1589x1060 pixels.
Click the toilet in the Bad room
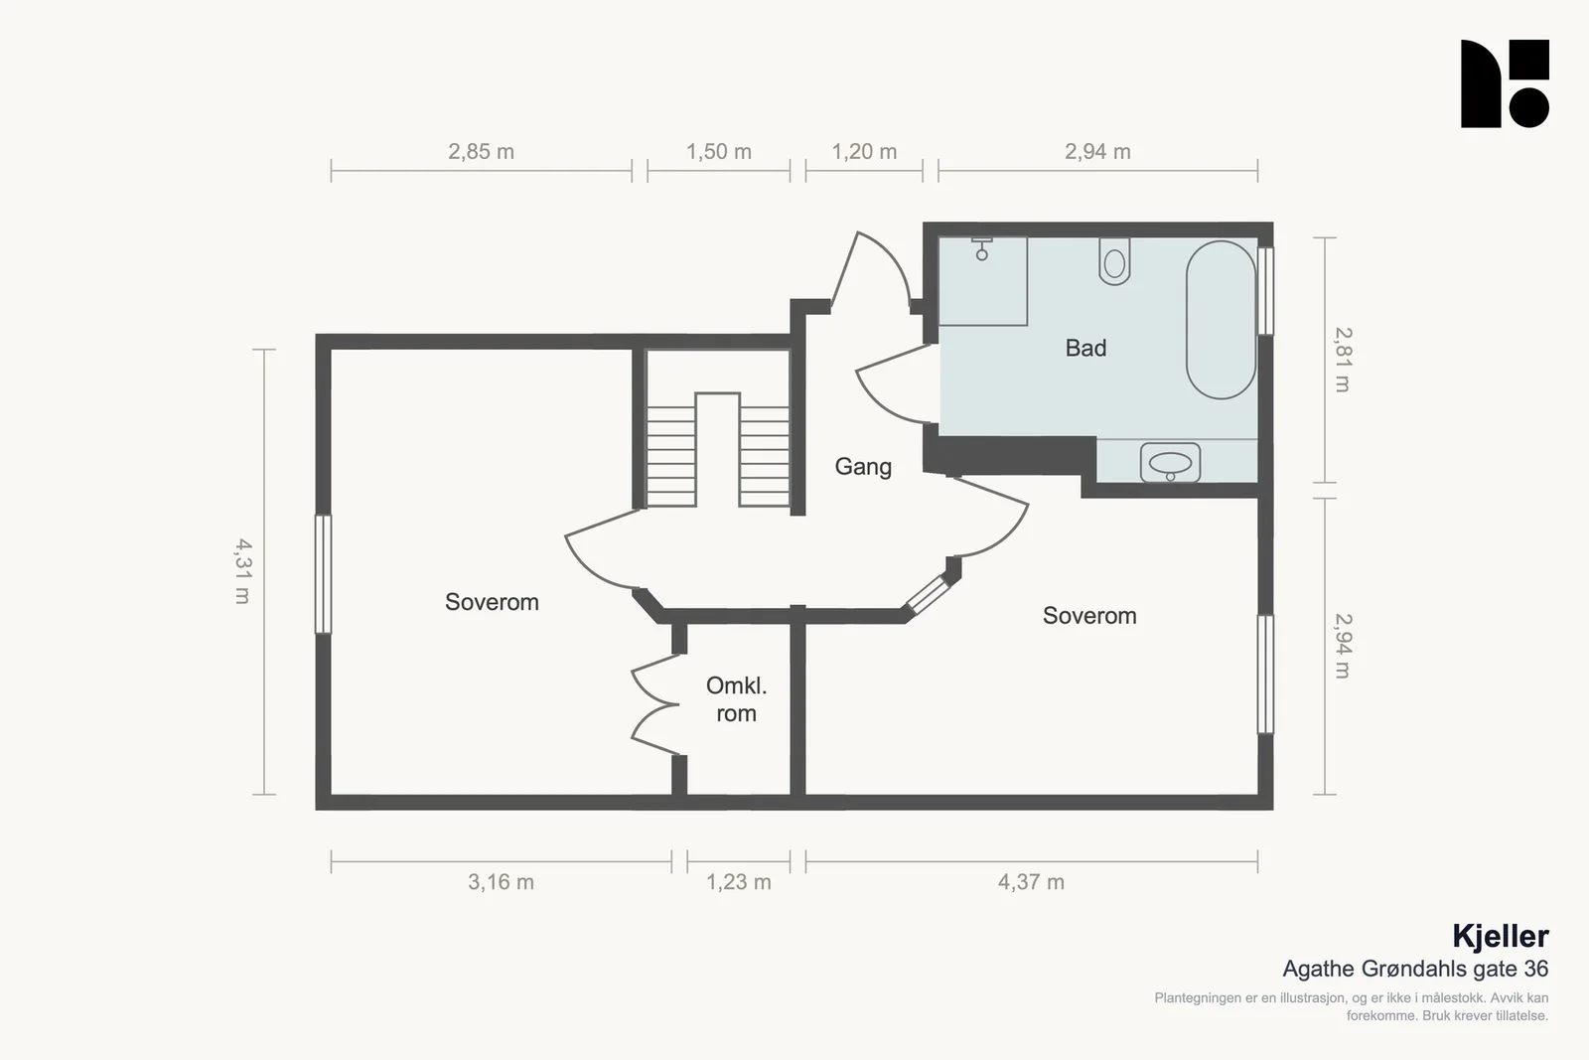pos(1114,261)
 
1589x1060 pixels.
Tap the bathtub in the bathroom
pos(1221,319)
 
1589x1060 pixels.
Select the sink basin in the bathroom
pos(1170,463)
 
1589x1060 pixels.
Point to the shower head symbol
pos(982,249)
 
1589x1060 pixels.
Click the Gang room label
pos(863,467)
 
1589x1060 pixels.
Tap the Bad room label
pos(1085,348)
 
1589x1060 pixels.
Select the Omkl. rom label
pos(736,699)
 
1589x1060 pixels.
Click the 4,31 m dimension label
pos(242,571)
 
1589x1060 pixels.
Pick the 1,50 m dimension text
pos(719,151)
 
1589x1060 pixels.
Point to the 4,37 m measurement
pos(1031,882)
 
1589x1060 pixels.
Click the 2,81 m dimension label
pos(1343,360)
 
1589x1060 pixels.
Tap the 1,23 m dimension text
pos(739,882)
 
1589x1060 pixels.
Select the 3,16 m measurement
pos(501,882)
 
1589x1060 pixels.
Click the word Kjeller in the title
pos(1501,937)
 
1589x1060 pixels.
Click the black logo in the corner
pos(1505,83)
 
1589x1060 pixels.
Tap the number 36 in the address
pos(1535,970)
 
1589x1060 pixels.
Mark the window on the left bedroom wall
pos(323,574)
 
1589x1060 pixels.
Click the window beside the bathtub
pos(1265,291)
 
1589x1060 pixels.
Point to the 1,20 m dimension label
pos(864,151)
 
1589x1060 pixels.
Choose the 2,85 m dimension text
pos(481,151)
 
